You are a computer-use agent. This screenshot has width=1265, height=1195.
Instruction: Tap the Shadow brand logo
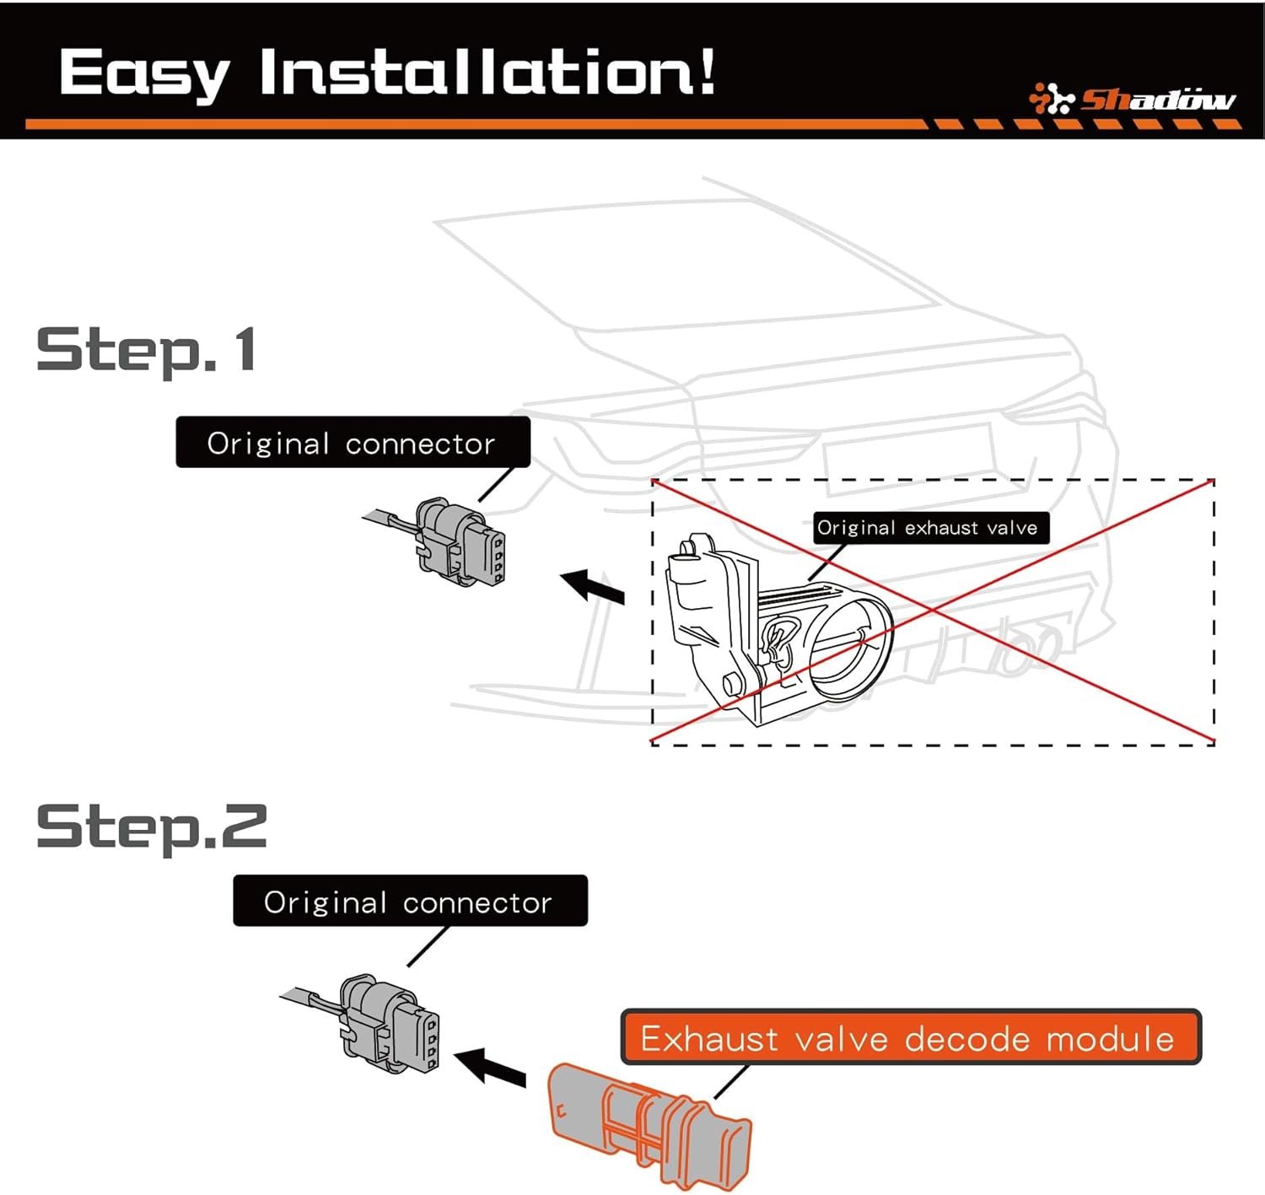point(1133,100)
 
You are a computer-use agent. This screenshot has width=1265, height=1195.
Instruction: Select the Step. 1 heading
point(146,350)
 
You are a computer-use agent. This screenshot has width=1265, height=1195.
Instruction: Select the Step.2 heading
point(152,827)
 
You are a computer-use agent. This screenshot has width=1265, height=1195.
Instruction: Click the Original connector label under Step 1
point(352,443)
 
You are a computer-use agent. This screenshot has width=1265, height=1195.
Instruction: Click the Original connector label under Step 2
point(409,902)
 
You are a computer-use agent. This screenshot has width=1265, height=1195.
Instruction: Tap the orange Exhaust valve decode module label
point(908,1038)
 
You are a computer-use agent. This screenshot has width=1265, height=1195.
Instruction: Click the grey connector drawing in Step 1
point(460,542)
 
